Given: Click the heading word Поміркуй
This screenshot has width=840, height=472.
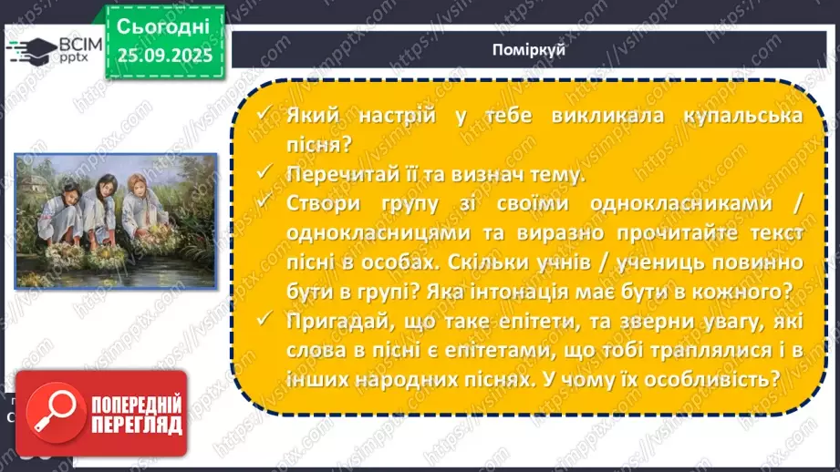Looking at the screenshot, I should point(534,50).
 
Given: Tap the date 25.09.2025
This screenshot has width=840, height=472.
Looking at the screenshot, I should point(164,56).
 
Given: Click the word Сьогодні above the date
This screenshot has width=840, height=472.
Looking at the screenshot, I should point(164,26).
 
